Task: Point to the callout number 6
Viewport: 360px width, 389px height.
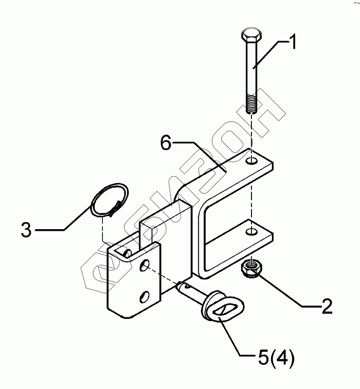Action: tap(167, 143)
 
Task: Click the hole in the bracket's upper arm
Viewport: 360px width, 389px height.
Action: tap(252, 161)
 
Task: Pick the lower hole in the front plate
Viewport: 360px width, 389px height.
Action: tap(146, 297)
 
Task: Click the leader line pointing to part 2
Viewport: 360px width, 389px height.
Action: tap(285, 294)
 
